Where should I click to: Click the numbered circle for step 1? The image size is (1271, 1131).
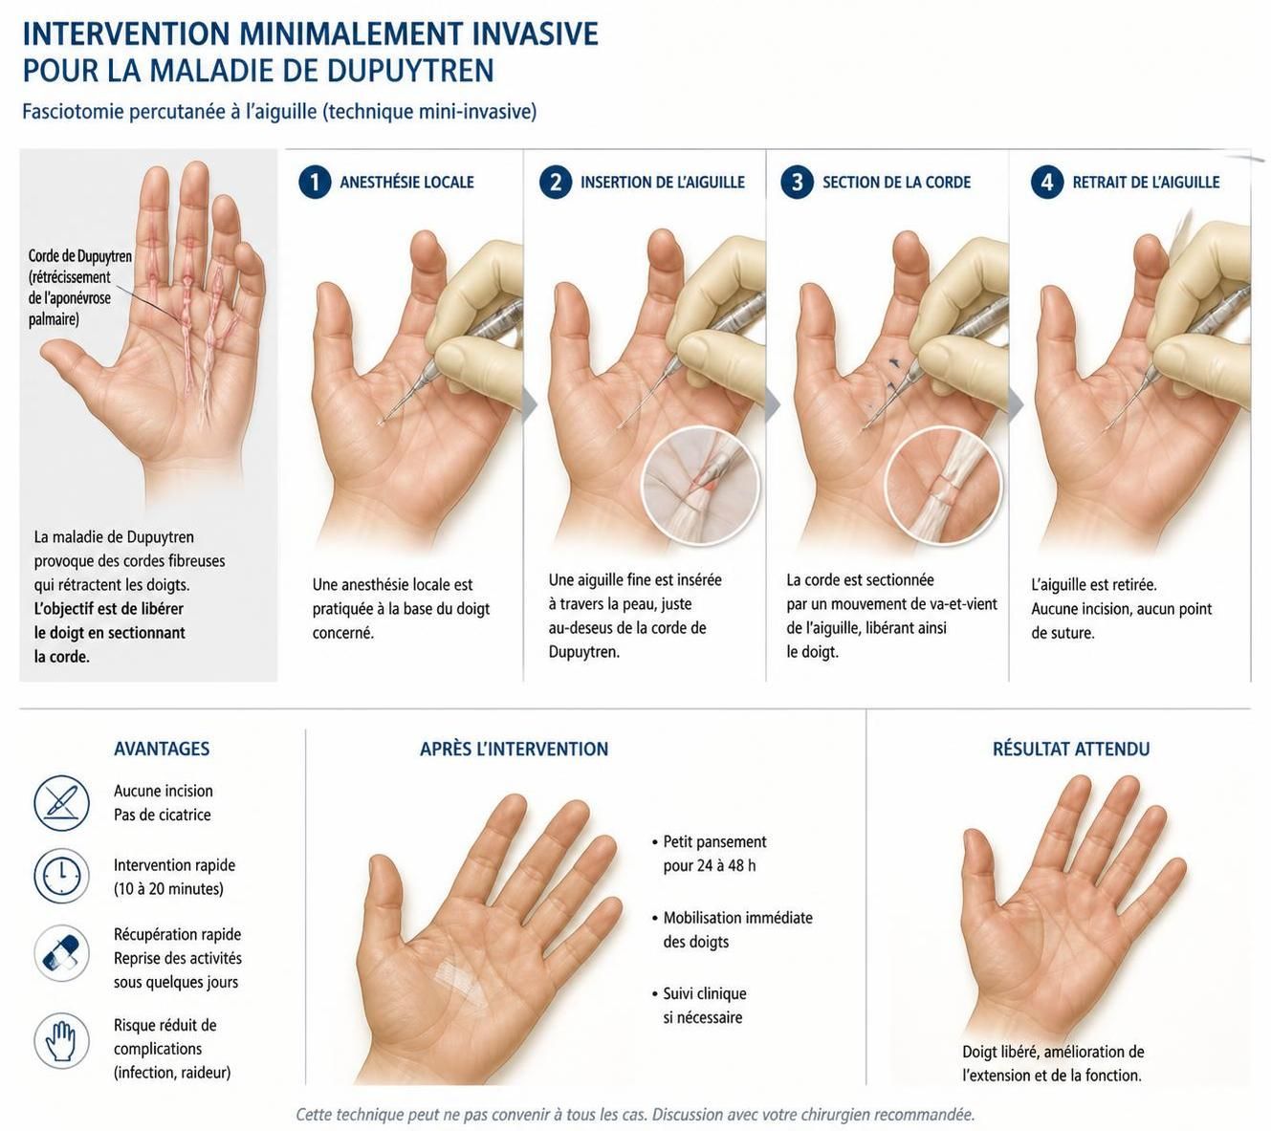click(x=315, y=182)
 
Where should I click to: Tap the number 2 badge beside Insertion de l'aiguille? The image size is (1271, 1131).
click(x=556, y=182)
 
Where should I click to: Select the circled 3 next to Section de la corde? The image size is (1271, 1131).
click(x=797, y=182)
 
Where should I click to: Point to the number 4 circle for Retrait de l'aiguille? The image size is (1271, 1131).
click(x=1047, y=182)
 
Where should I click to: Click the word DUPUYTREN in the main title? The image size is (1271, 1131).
click(x=410, y=70)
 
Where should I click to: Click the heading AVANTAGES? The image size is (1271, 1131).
click(x=162, y=749)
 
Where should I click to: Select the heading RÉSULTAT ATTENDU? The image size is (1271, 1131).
click(x=1071, y=749)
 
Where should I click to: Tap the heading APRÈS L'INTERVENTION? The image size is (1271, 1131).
click(x=514, y=749)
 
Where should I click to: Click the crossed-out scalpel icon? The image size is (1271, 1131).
click(x=61, y=804)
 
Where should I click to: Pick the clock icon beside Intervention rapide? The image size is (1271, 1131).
click(x=61, y=876)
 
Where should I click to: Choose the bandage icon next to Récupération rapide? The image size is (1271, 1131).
click(x=61, y=953)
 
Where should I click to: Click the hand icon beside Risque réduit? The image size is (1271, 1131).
click(x=61, y=1041)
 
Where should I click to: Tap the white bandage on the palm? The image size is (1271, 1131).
click(x=462, y=980)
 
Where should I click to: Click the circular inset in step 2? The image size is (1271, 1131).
click(x=701, y=486)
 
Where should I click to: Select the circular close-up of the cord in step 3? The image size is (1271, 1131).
click(x=943, y=486)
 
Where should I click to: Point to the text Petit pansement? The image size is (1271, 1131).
click(x=714, y=842)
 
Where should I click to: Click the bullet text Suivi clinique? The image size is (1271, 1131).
click(x=705, y=993)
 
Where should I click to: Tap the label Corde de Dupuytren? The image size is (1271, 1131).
click(x=80, y=256)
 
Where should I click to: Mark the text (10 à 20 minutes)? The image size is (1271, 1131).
click(x=168, y=889)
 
